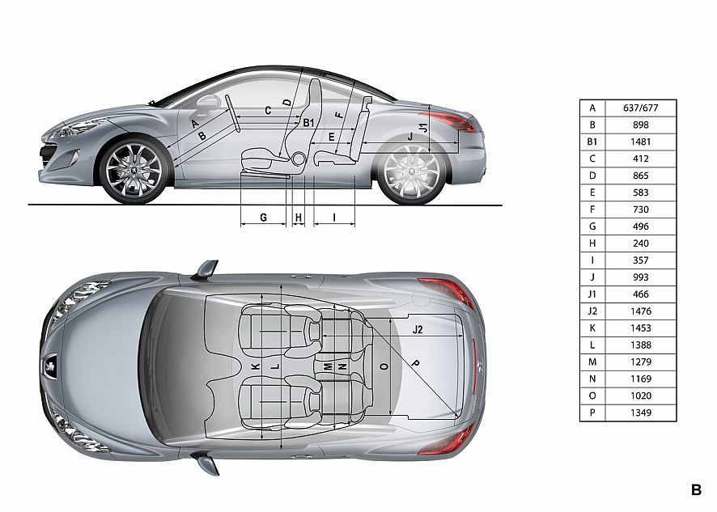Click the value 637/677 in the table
pyautogui.click(x=641, y=108)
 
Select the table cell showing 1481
pyautogui.click(x=641, y=142)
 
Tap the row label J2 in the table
pyautogui.click(x=592, y=311)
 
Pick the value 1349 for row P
pyautogui.click(x=641, y=413)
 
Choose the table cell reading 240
pyautogui.click(x=641, y=243)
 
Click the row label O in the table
pyautogui.click(x=592, y=396)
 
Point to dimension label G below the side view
pyautogui.click(x=263, y=218)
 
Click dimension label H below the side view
pyautogui.click(x=299, y=218)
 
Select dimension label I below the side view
pyautogui.click(x=334, y=218)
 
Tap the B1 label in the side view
pyautogui.click(x=308, y=122)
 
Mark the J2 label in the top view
pyautogui.click(x=418, y=329)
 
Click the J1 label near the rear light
pyautogui.click(x=423, y=128)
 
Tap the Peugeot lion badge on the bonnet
pyautogui.click(x=50, y=366)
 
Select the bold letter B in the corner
pyautogui.click(x=696, y=490)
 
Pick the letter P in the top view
pyautogui.click(x=415, y=363)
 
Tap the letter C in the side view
pyautogui.click(x=268, y=111)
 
